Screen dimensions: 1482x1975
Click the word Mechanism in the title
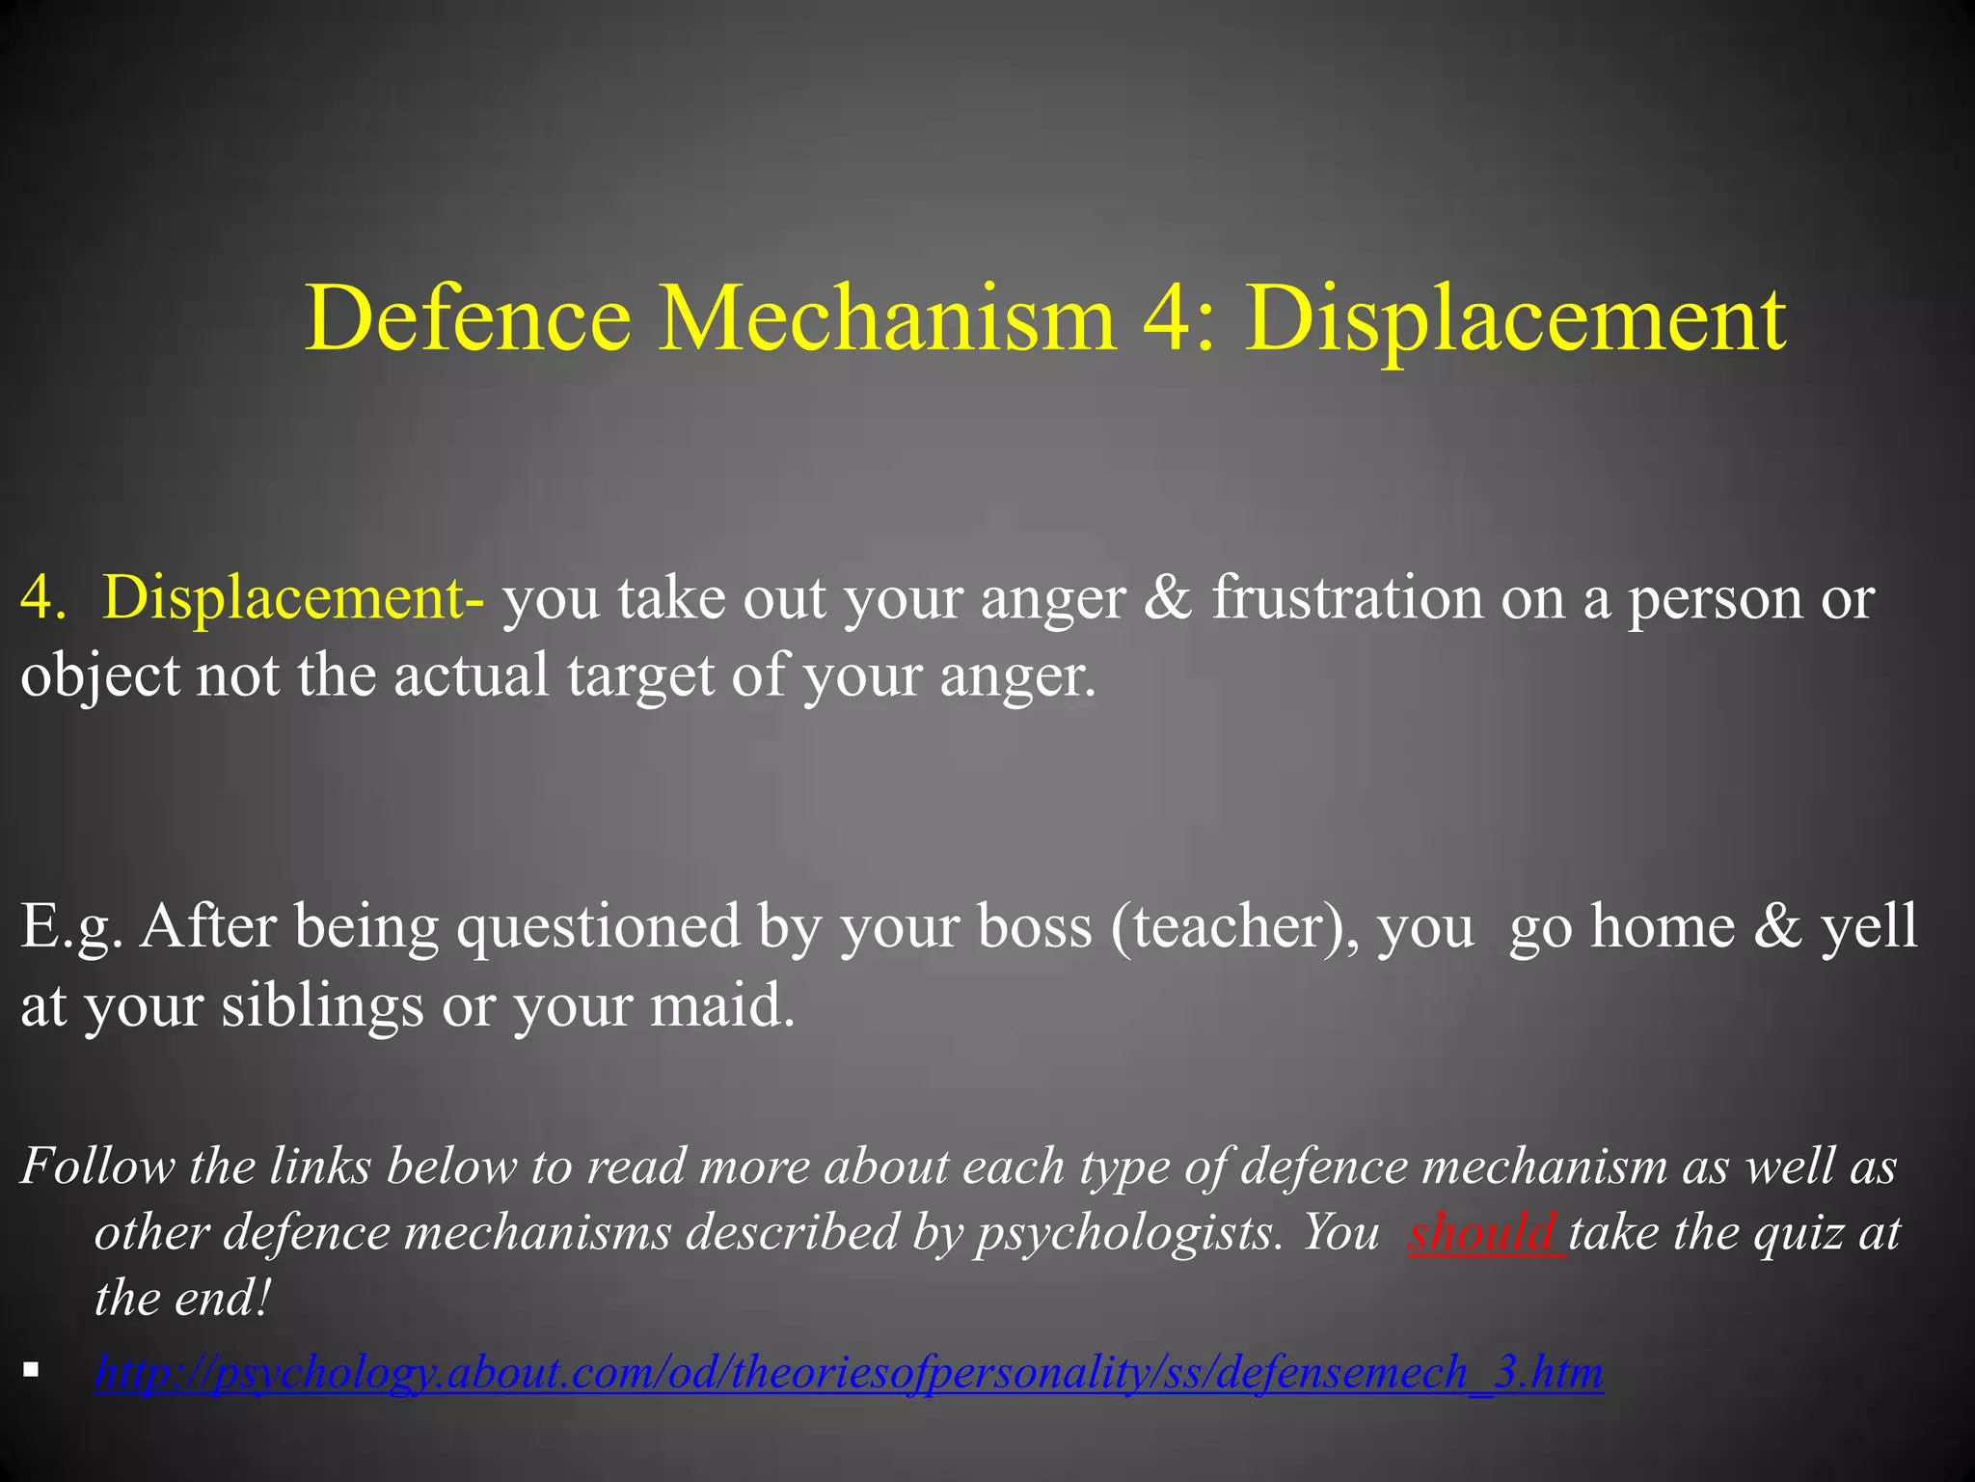887,318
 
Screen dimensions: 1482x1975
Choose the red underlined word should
1483,1233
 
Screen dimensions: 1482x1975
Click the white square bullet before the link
32,1369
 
